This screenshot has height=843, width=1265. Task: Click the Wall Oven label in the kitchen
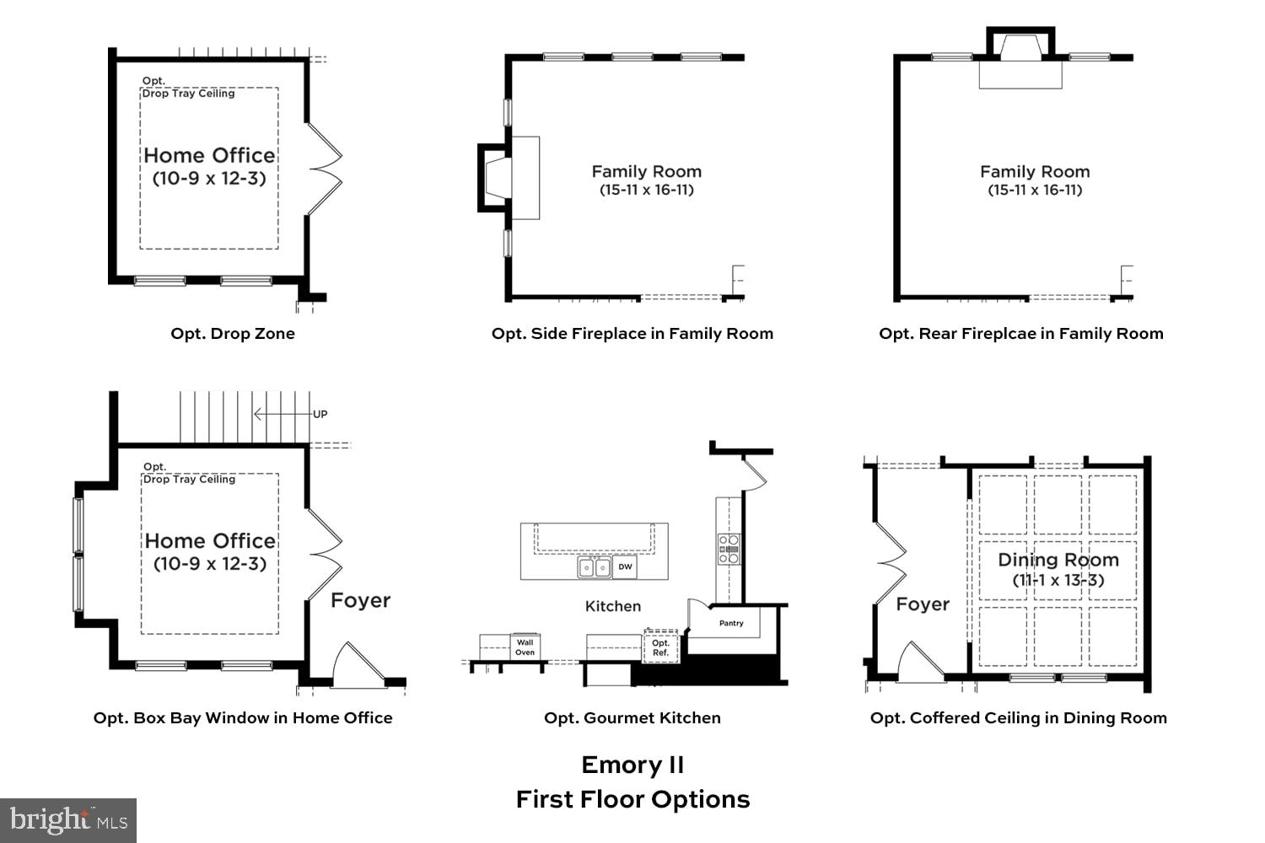525,647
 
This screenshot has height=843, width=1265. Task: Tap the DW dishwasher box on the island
625,567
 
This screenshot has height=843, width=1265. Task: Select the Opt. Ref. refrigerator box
660,647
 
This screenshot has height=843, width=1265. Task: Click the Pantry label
731,623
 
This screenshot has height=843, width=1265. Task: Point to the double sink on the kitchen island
595,567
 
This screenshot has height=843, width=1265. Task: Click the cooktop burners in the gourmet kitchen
728,549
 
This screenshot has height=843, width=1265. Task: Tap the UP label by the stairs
320,414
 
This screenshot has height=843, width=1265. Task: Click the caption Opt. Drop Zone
233,333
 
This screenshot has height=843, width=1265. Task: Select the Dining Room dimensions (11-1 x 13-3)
1058,580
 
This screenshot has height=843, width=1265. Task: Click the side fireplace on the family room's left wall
498,177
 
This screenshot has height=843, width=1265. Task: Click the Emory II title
632,765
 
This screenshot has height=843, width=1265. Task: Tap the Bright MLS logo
68,820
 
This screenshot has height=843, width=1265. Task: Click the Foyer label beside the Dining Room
922,604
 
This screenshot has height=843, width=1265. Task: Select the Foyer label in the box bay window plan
360,600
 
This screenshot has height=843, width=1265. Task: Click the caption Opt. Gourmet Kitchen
632,717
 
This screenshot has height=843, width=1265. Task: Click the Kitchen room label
613,606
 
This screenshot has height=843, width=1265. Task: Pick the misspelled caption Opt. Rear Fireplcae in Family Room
1020,333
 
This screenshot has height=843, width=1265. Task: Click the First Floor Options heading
632,799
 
